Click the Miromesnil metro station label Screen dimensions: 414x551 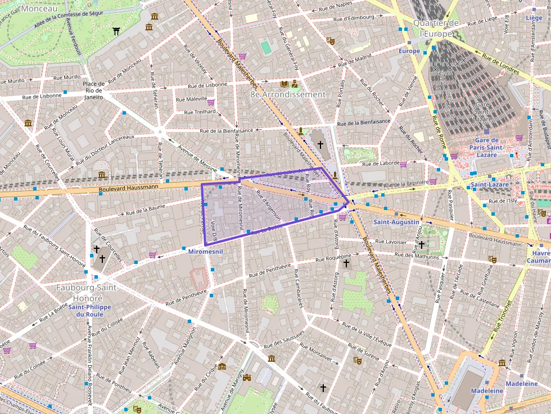click(205, 252)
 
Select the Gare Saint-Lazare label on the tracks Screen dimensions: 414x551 click(483, 112)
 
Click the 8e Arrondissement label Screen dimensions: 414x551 click(288, 94)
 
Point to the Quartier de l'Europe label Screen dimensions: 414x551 click(436, 28)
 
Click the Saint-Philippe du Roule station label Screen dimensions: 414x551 click(90, 311)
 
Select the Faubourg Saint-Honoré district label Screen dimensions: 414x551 click(87, 293)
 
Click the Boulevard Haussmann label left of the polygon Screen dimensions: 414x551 click(130, 190)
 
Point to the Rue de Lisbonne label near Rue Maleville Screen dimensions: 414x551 click(207, 85)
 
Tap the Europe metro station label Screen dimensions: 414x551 click(409, 51)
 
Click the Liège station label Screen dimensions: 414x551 click(534, 18)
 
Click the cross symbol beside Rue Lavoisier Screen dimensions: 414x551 click(421, 244)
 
